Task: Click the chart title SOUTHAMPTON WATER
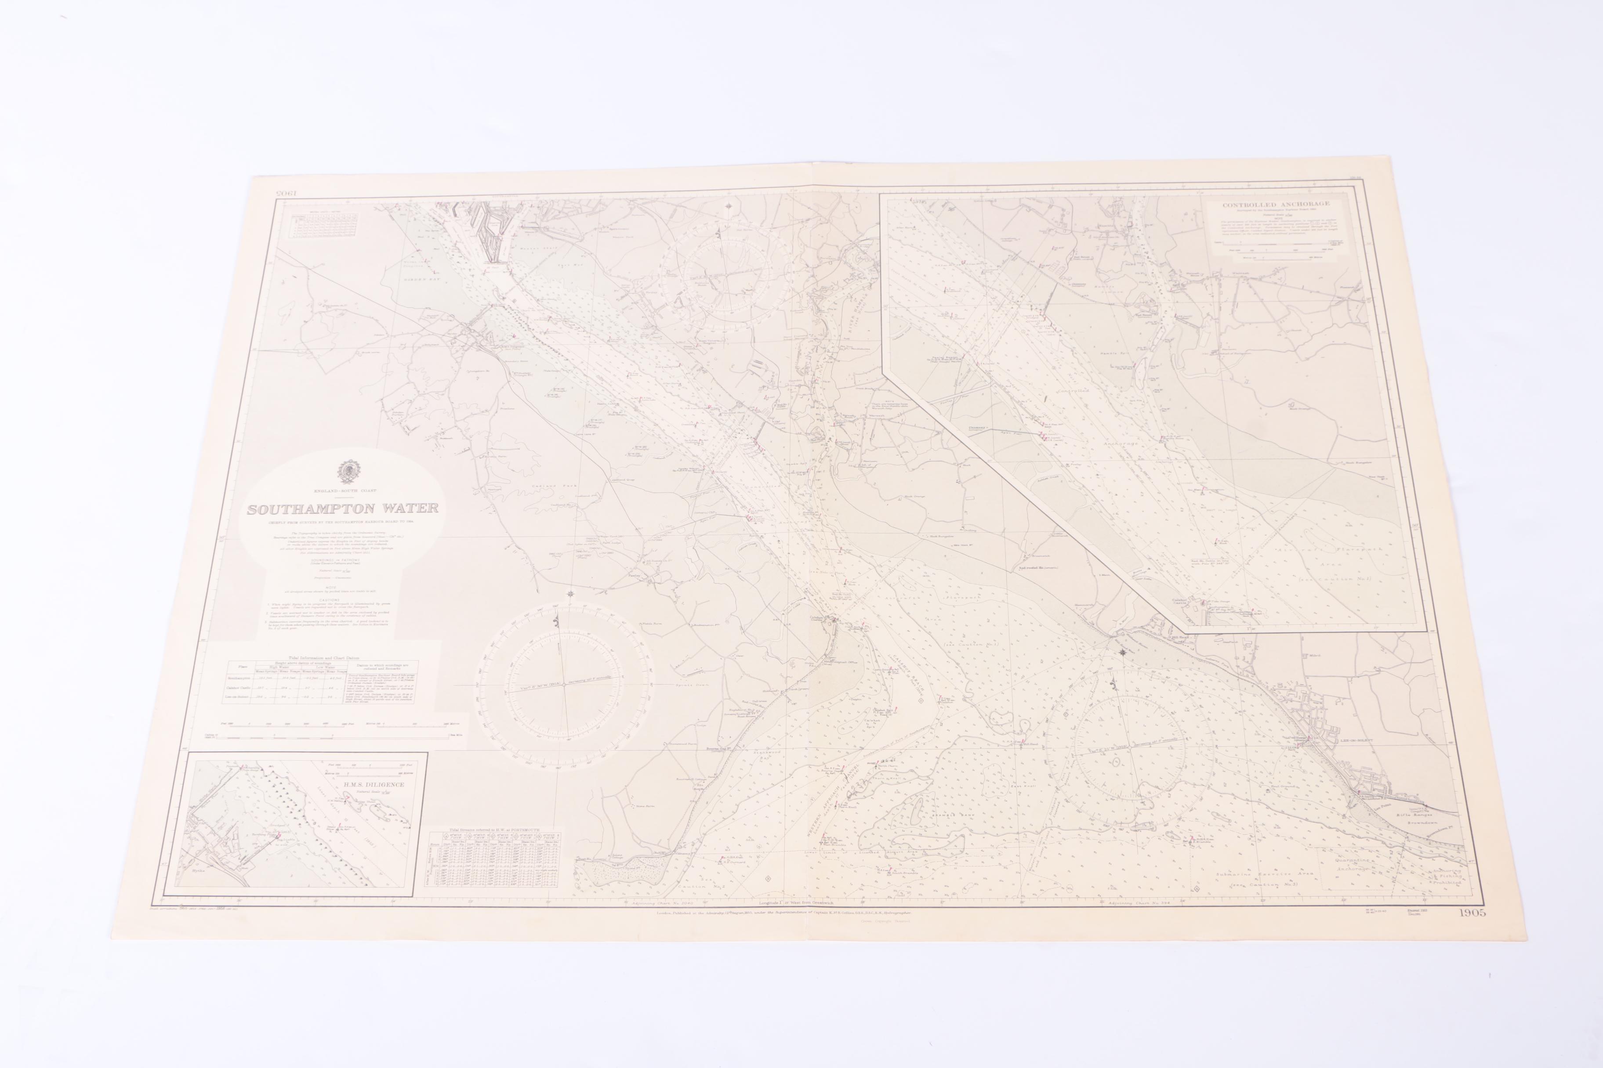(x=343, y=509)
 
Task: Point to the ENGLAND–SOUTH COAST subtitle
(x=345, y=491)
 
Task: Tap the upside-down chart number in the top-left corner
(x=287, y=194)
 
